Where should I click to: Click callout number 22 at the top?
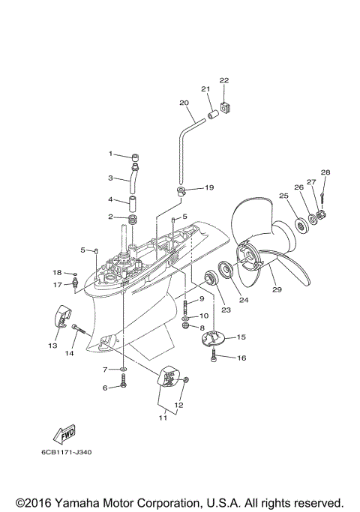point(223,80)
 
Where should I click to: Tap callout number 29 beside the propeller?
point(277,289)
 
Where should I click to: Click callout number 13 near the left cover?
point(52,346)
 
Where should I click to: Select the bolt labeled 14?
point(80,327)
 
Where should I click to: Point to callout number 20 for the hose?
point(184,103)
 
